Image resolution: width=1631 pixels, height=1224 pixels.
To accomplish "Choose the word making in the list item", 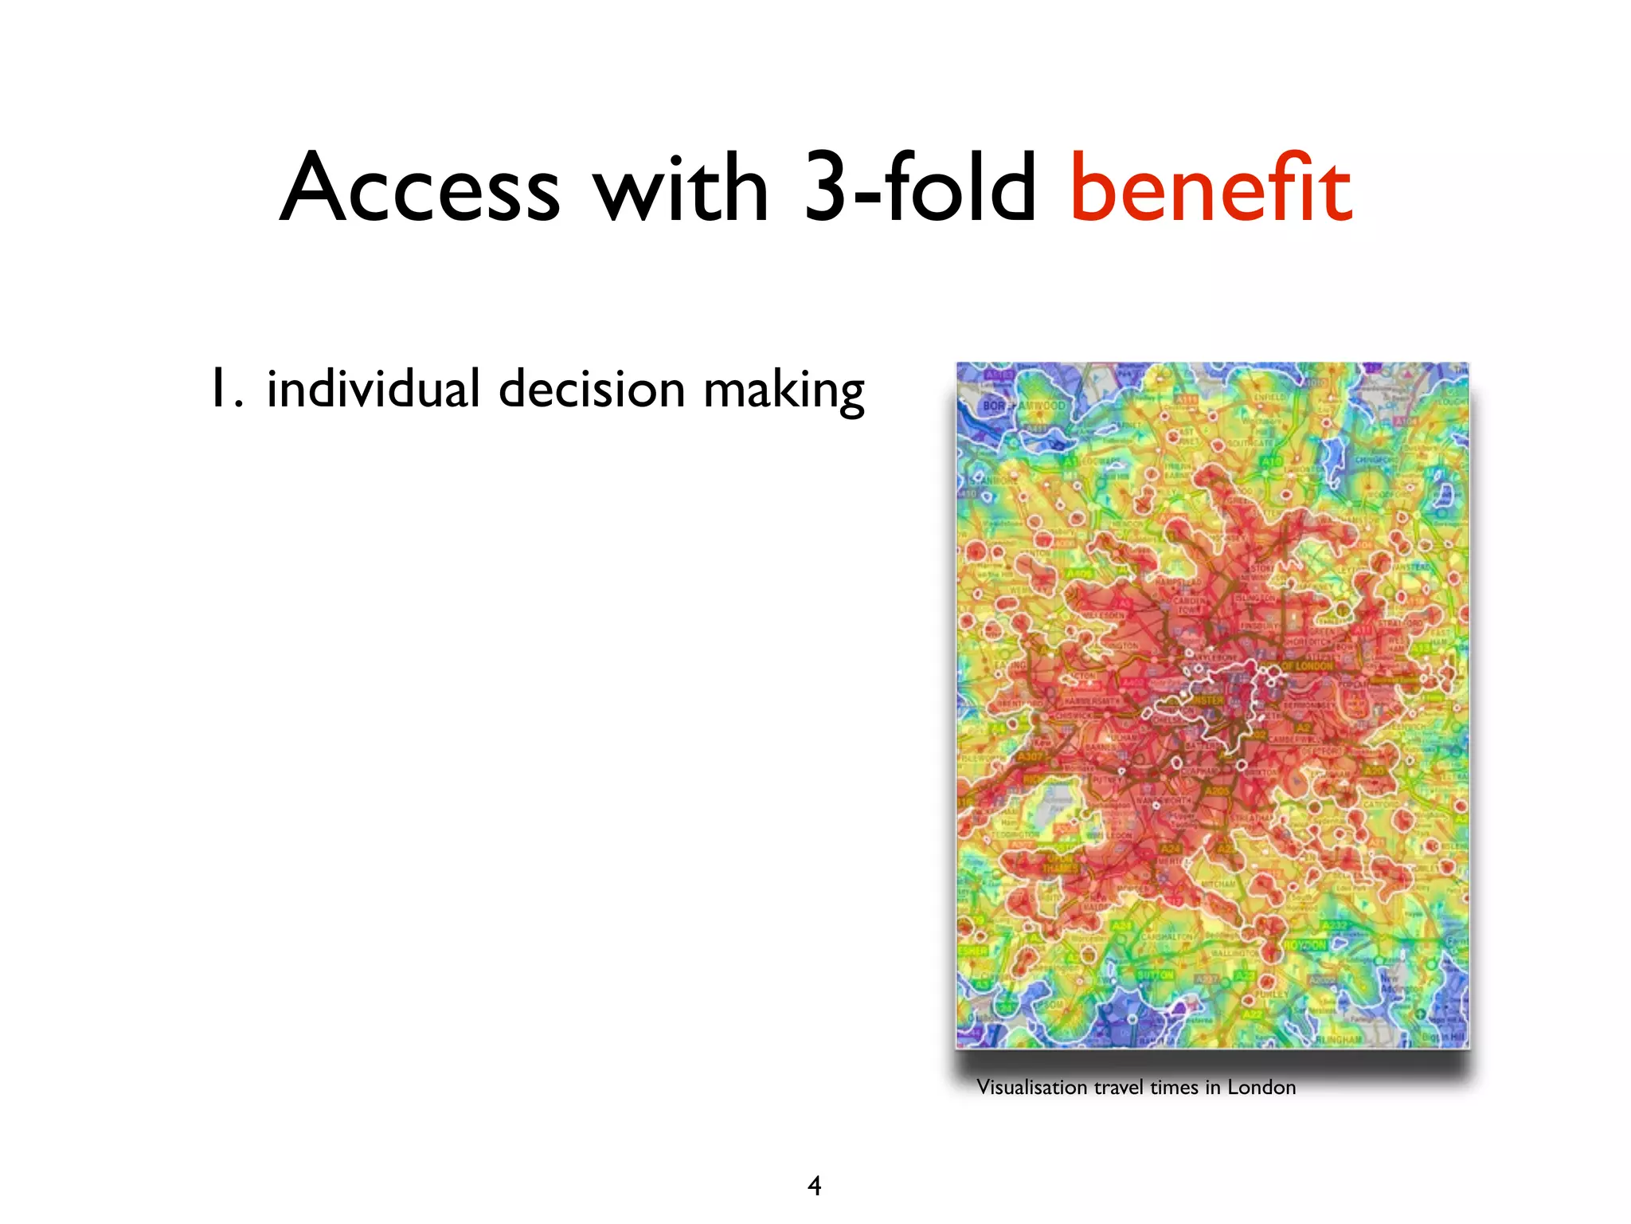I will (784, 390).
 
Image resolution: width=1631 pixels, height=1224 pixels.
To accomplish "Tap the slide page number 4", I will (814, 1185).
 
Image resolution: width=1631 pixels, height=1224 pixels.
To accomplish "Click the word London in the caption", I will (1261, 1087).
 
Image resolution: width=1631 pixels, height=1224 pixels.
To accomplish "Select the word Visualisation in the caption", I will (1031, 1087).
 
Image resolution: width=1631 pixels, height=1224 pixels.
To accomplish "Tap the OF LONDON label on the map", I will (1307, 665).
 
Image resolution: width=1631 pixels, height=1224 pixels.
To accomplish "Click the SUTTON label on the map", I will (1155, 975).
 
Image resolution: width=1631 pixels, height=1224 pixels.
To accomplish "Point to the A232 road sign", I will (1333, 926).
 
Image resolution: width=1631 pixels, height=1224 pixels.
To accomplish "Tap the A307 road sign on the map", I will (1031, 756).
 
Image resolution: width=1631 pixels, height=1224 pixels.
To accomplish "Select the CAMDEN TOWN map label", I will (1188, 605).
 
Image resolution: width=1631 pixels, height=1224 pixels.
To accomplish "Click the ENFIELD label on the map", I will (1269, 396).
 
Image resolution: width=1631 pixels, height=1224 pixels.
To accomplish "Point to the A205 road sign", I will (1216, 791).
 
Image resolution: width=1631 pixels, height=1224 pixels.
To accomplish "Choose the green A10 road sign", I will (1272, 461).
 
